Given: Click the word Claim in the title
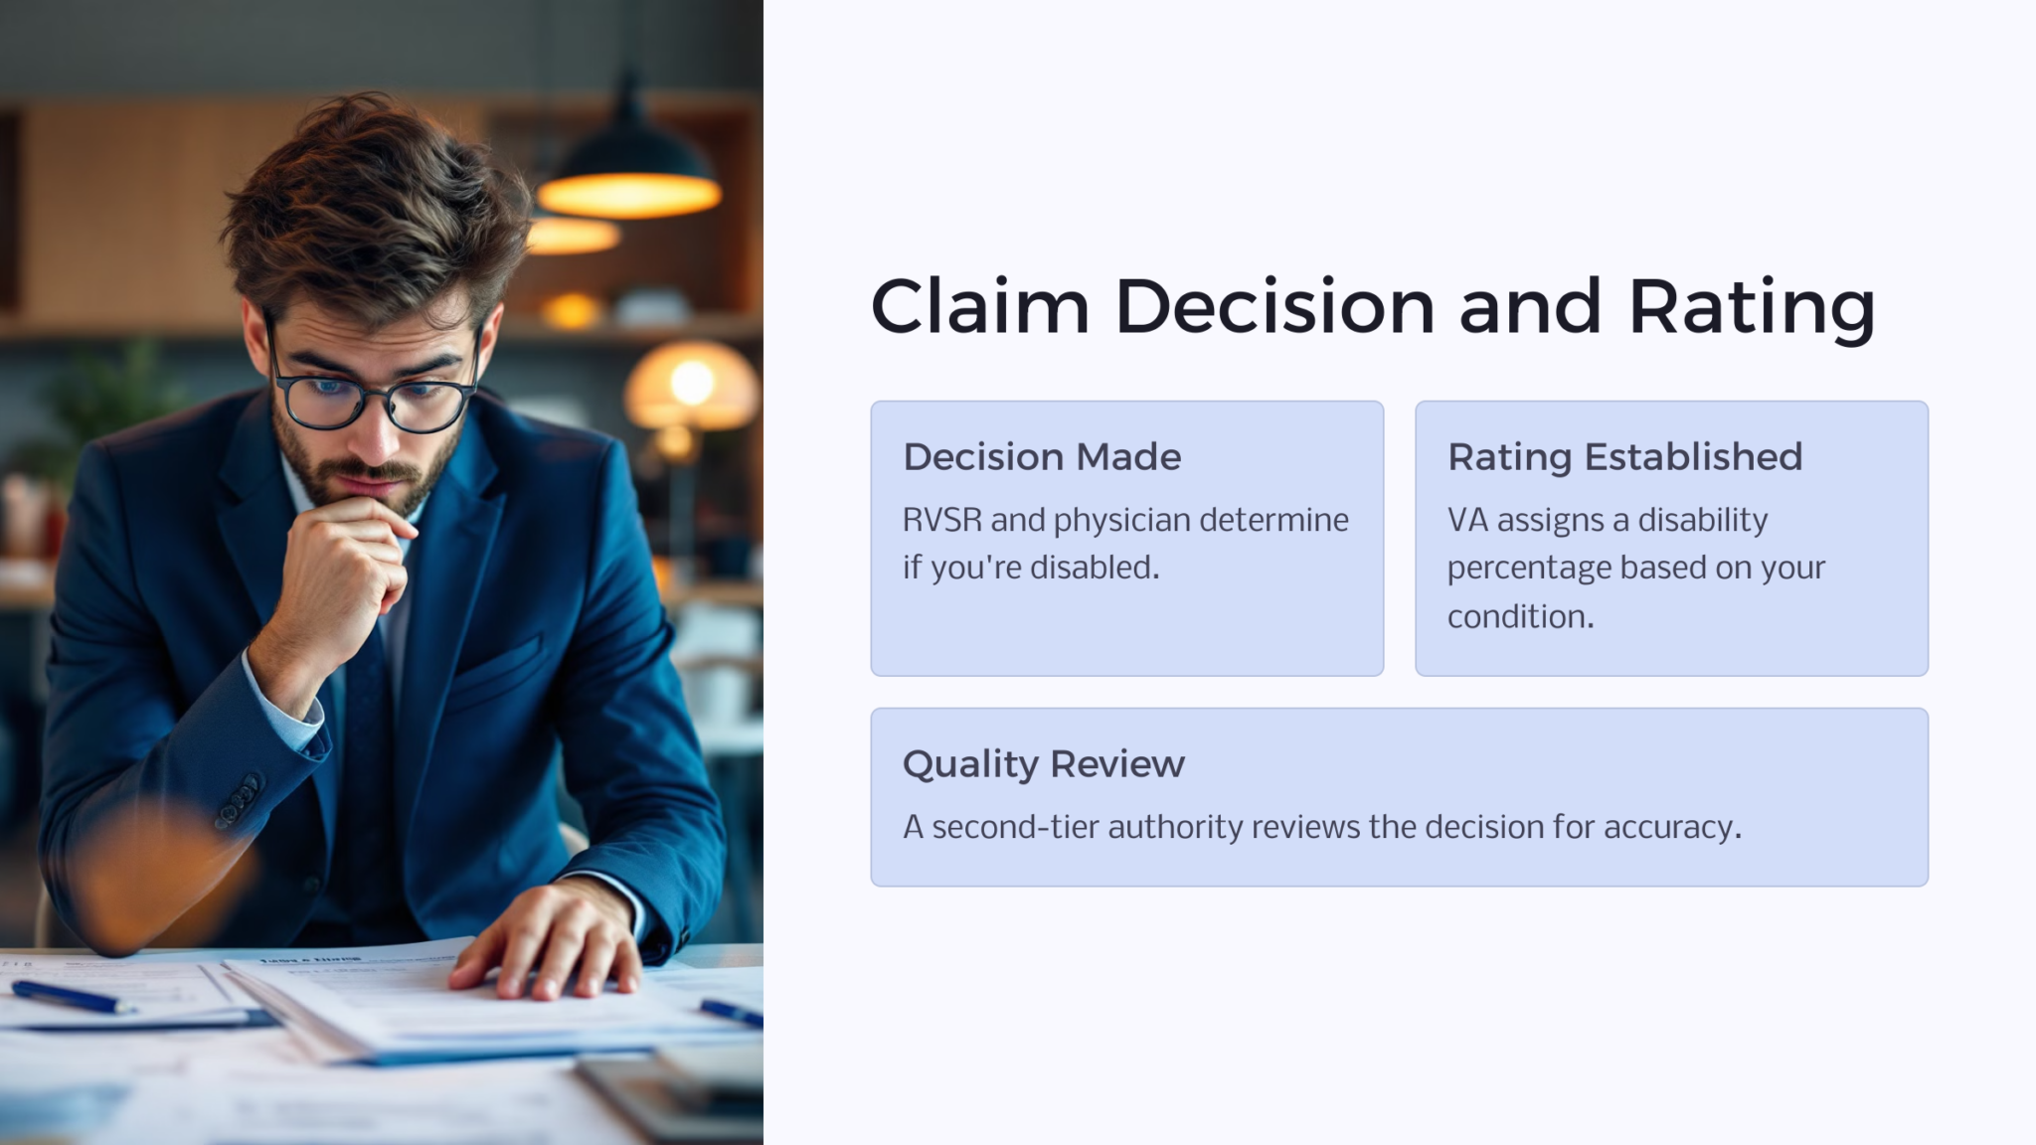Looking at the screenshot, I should [x=979, y=306].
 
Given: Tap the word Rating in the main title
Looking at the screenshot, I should [x=1752, y=306].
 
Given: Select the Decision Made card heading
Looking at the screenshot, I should [x=1042, y=457].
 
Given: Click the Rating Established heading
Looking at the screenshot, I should [x=1624, y=457].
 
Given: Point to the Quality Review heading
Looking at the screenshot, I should [x=1043, y=764].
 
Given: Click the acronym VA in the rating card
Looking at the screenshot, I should [x=1467, y=520].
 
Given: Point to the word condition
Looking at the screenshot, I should [x=1519, y=617].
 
